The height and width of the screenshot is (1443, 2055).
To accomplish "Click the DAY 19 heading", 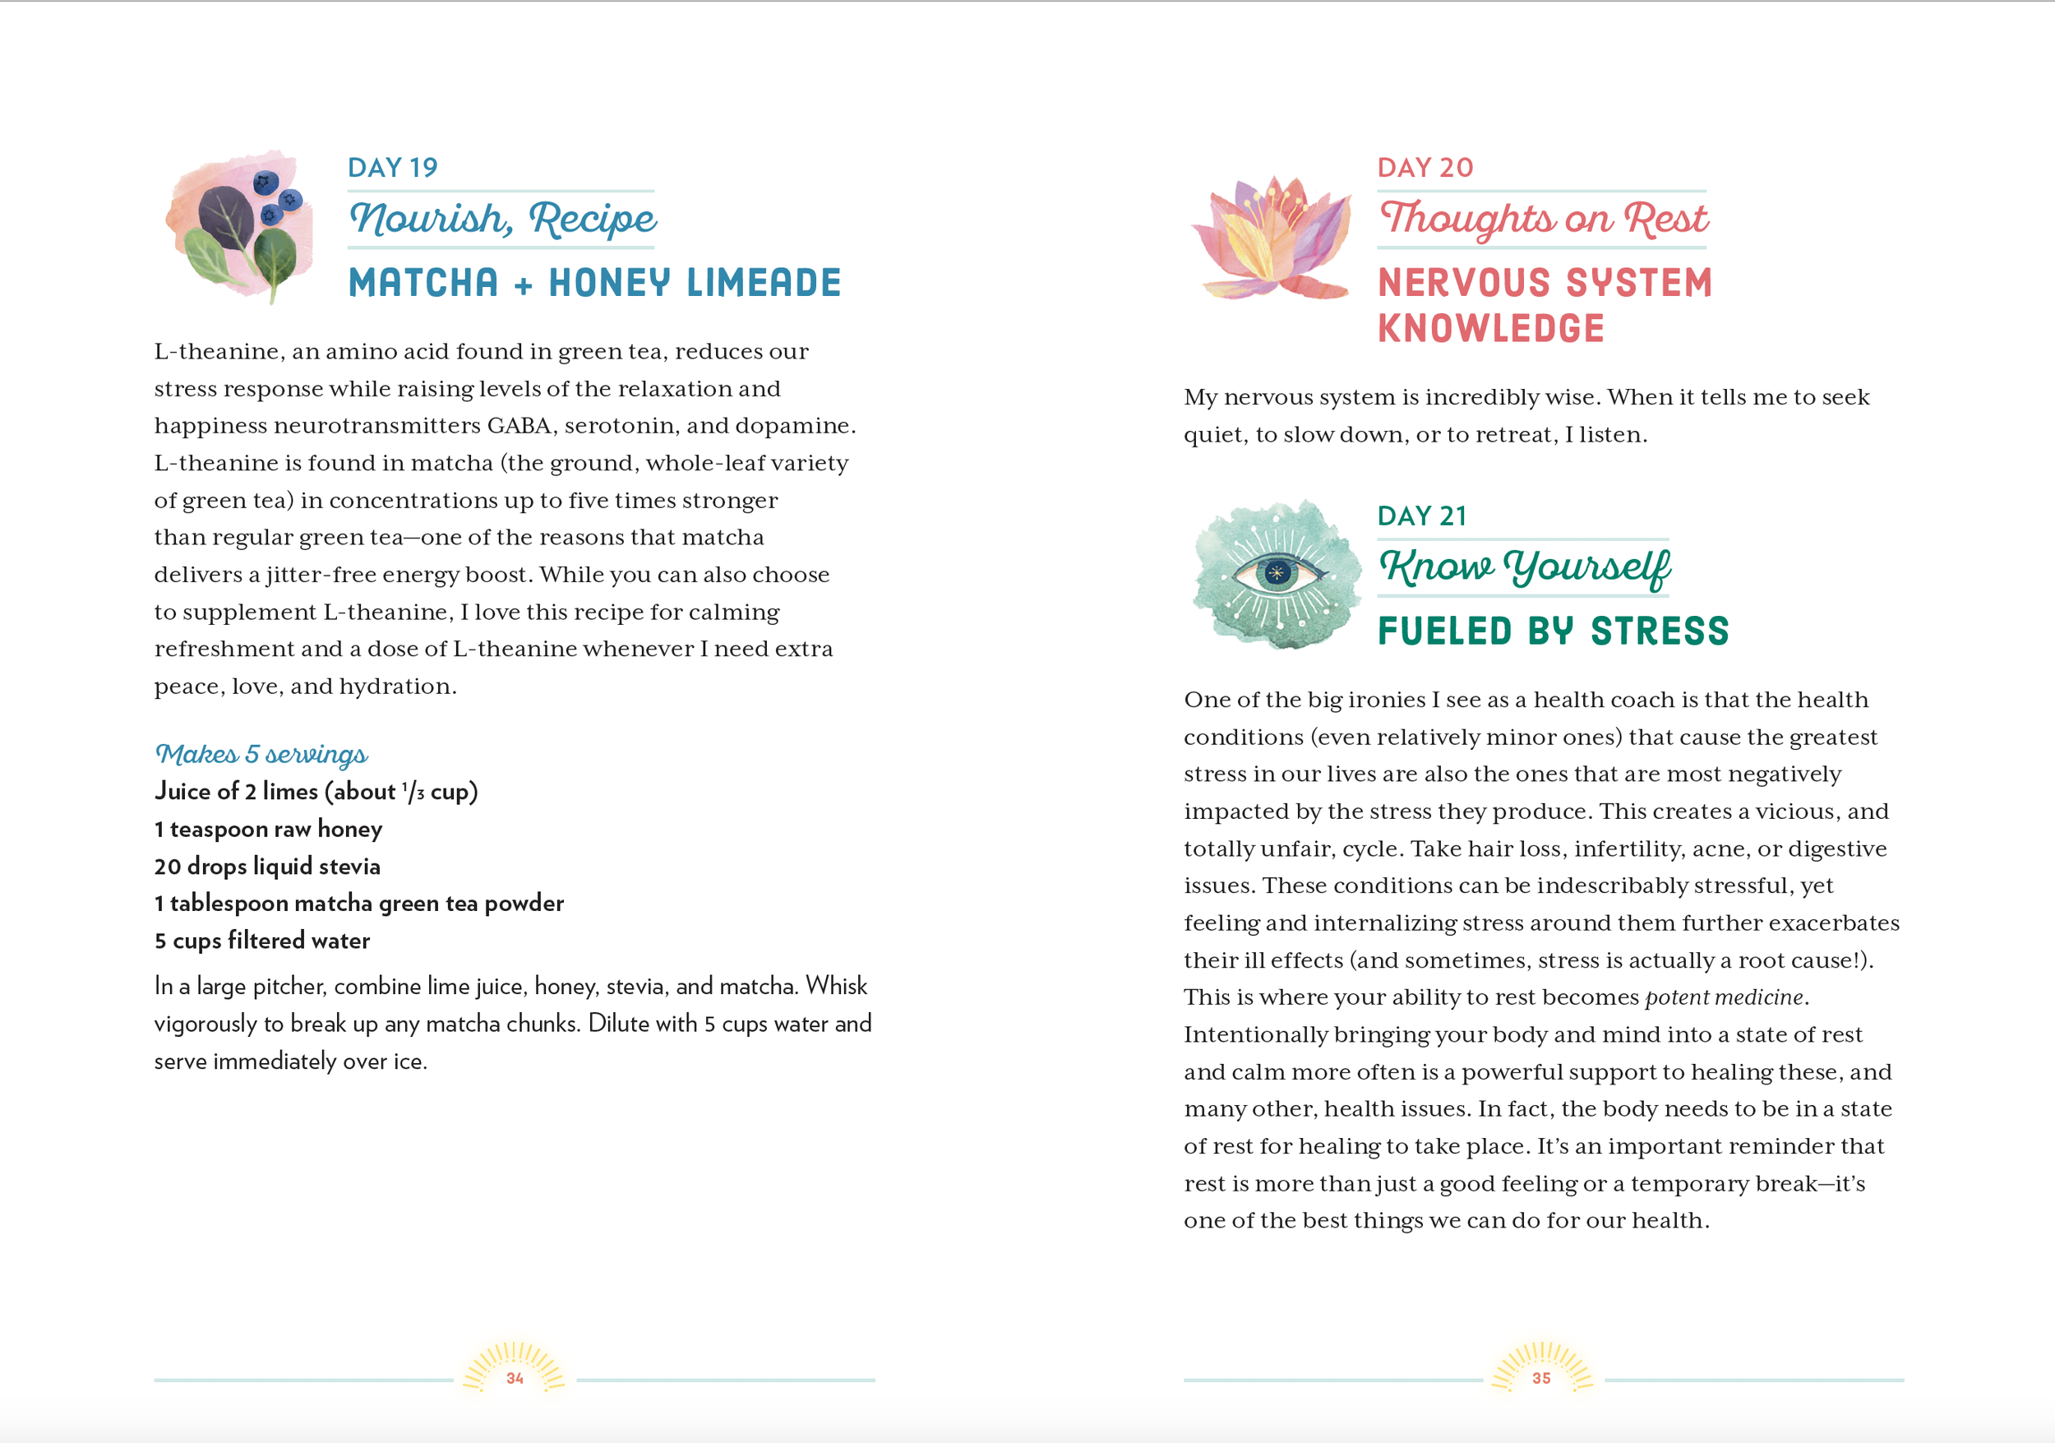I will coord(392,168).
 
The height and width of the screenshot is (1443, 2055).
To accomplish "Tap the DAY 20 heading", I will coord(1425,168).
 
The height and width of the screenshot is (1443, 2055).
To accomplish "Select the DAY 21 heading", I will coord(1422,516).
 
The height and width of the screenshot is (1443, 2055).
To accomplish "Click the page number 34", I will coord(515,1379).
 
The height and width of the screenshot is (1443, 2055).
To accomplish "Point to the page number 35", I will coord(1541,1379).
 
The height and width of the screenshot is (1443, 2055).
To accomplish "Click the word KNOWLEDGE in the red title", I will coord(1491,329).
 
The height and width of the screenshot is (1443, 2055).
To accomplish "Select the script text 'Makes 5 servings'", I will coord(261,754).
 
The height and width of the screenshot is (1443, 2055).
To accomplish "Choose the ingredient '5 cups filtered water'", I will coord(261,941).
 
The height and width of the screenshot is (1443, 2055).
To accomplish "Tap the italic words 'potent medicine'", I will coord(1724,997).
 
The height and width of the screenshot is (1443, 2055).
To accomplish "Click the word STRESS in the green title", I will coord(1660,631).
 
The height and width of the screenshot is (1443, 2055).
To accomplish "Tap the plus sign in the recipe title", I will coord(524,285).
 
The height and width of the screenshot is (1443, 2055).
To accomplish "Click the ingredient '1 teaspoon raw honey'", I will coord(268,829).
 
